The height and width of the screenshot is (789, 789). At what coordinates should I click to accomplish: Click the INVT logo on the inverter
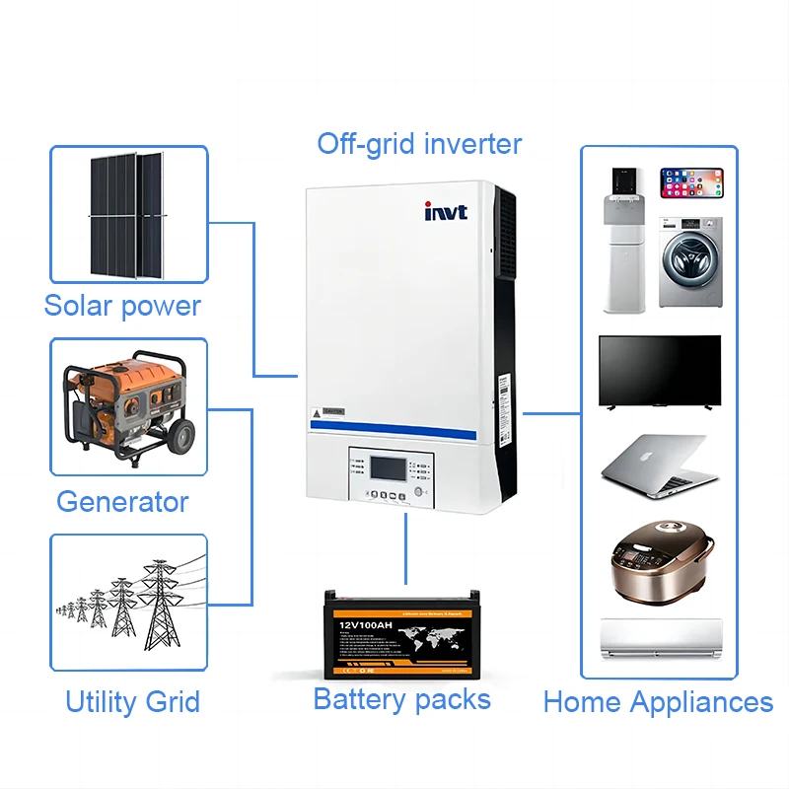446,211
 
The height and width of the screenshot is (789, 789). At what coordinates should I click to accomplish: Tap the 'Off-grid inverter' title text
419,144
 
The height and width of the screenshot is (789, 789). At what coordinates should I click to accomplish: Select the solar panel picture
128,214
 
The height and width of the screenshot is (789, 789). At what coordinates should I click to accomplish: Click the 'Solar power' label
122,306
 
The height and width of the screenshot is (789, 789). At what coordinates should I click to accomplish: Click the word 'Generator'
122,501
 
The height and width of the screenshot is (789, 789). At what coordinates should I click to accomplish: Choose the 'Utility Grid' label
132,702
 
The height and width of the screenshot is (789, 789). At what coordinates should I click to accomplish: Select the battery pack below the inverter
404,632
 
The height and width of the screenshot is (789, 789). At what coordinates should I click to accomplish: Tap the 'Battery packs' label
401,699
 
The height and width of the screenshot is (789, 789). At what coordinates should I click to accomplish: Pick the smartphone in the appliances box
691,182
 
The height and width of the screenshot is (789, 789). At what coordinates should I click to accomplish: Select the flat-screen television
660,371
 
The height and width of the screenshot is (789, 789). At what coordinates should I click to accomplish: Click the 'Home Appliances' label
658,702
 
